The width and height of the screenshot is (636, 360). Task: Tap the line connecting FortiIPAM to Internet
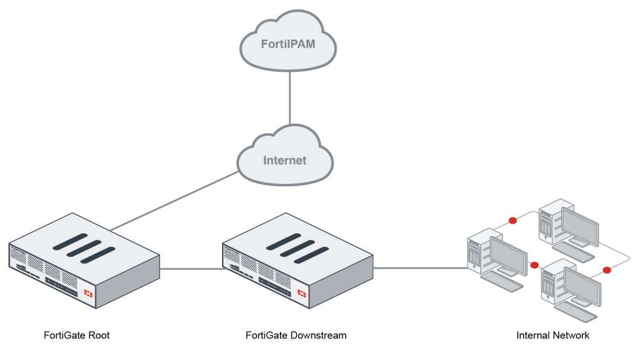(290, 98)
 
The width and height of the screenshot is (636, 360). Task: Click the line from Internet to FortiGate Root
(174, 201)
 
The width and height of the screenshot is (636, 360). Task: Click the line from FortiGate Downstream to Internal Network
(420, 268)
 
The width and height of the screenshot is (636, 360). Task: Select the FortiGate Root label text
(77, 335)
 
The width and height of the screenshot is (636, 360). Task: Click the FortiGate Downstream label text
(296, 335)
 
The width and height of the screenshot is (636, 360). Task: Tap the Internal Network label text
(553, 335)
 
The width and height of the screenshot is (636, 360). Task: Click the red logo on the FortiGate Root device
(88, 293)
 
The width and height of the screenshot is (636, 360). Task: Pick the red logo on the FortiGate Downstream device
(302, 293)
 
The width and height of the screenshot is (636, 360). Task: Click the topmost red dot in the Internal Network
(513, 221)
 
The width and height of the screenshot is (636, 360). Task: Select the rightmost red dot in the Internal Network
(607, 270)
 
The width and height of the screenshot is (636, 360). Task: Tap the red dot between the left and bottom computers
(535, 265)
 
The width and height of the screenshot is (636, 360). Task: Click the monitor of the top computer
(580, 226)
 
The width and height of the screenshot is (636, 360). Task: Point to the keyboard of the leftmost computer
(501, 281)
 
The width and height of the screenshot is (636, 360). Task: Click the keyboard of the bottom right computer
(576, 311)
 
